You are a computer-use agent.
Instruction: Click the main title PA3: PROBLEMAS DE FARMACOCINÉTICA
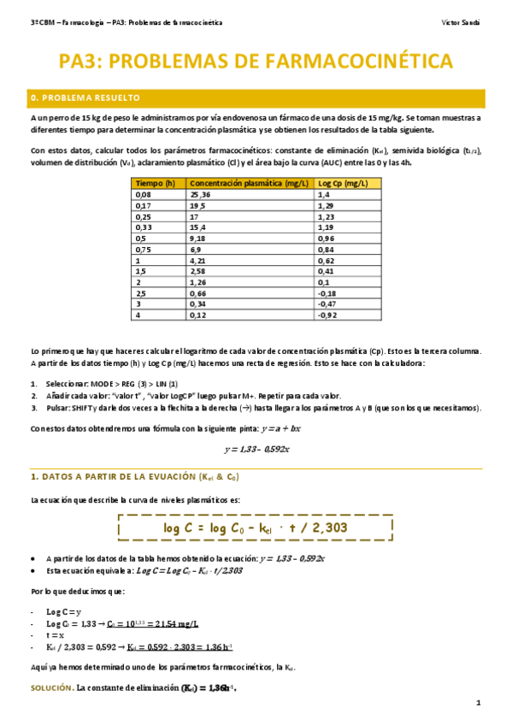coord(256,61)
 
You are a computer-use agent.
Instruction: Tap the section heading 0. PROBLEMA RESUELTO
coord(85,98)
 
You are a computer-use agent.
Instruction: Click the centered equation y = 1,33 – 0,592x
coord(256,449)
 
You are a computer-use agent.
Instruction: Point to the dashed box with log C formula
coord(256,528)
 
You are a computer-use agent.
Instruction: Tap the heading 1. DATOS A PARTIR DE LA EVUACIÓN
coord(135,477)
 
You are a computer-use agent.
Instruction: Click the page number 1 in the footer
coord(479,703)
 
